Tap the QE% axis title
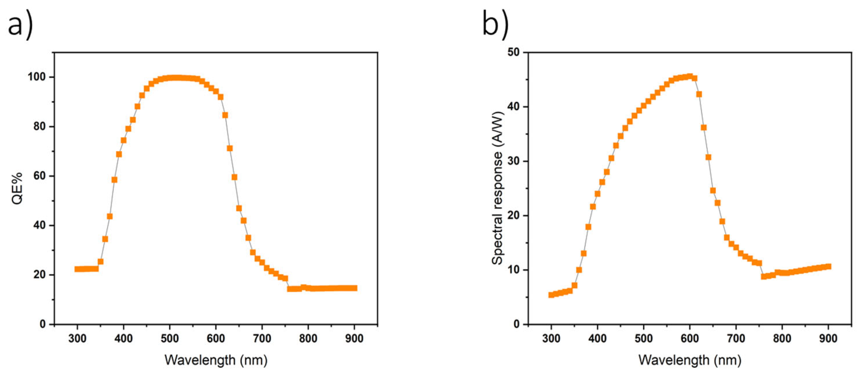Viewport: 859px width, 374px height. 17,188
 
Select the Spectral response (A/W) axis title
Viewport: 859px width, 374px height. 498,188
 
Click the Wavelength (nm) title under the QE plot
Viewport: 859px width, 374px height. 216,360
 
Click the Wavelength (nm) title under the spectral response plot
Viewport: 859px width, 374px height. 689,360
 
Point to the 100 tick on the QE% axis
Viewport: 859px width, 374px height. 36,77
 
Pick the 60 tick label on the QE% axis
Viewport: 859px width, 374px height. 39,176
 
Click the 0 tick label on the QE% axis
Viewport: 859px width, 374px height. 43,324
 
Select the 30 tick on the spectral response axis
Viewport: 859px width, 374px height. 514,161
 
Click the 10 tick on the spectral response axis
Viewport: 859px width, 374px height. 514,270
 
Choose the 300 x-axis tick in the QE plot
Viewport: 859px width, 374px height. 77,338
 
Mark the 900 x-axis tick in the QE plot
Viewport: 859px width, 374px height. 354,338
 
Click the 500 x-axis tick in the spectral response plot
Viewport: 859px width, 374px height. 644,338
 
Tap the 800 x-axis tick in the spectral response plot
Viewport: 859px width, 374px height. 782,338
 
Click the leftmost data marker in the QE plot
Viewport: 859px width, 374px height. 77,269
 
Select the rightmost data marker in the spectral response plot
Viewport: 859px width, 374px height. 828,266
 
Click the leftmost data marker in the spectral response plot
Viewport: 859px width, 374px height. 551,295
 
